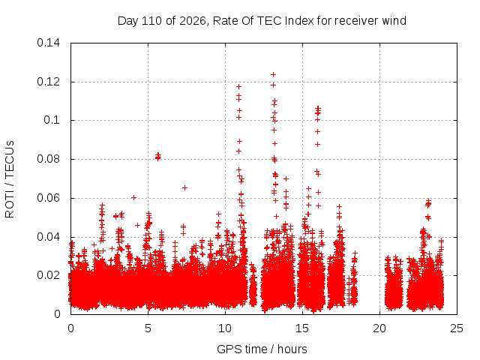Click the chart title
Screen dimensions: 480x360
pyautogui.click(x=262, y=21)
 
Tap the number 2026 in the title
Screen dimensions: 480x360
pyautogui.click(x=193, y=21)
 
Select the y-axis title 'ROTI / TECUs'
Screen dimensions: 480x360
pyautogui.click(x=10, y=179)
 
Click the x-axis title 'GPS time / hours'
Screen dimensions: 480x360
pyautogui.click(x=262, y=349)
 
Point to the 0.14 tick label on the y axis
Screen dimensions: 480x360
pyautogui.click(x=48, y=43)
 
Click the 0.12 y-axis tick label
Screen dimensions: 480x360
pyautogui.click(x=48, y=82)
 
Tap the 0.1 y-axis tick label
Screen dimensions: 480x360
pyautogui.click(x=52, y=120)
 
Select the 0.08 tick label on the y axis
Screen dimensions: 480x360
pyautogui.click(x=48, y=159)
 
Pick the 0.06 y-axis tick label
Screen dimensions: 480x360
pyautogui.click(x=48, y=198)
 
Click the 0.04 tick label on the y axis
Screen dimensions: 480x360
pyautogui.click(x=48, y=237)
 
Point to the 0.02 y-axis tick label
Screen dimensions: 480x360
pyautogui.click(x=48, y=275)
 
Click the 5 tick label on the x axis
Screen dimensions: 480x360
pyautogui.click(x=148, y=328)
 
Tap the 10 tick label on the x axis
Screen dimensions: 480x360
pyautogui.click(x=225, y=328)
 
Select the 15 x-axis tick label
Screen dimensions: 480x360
pyautogui.click(x=302, y=328)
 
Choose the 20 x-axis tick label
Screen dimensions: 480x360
pyautogui.click(x=379, y=328)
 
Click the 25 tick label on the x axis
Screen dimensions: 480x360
pyautogui.click(x=457, y=328)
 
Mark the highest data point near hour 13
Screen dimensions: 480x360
pyautogui.click(x=273, y=74)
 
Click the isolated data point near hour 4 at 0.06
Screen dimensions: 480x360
pyautogui.click(x=133, y=198)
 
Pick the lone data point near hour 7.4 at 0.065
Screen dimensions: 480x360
pyautogui.click(x=184, y=187)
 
